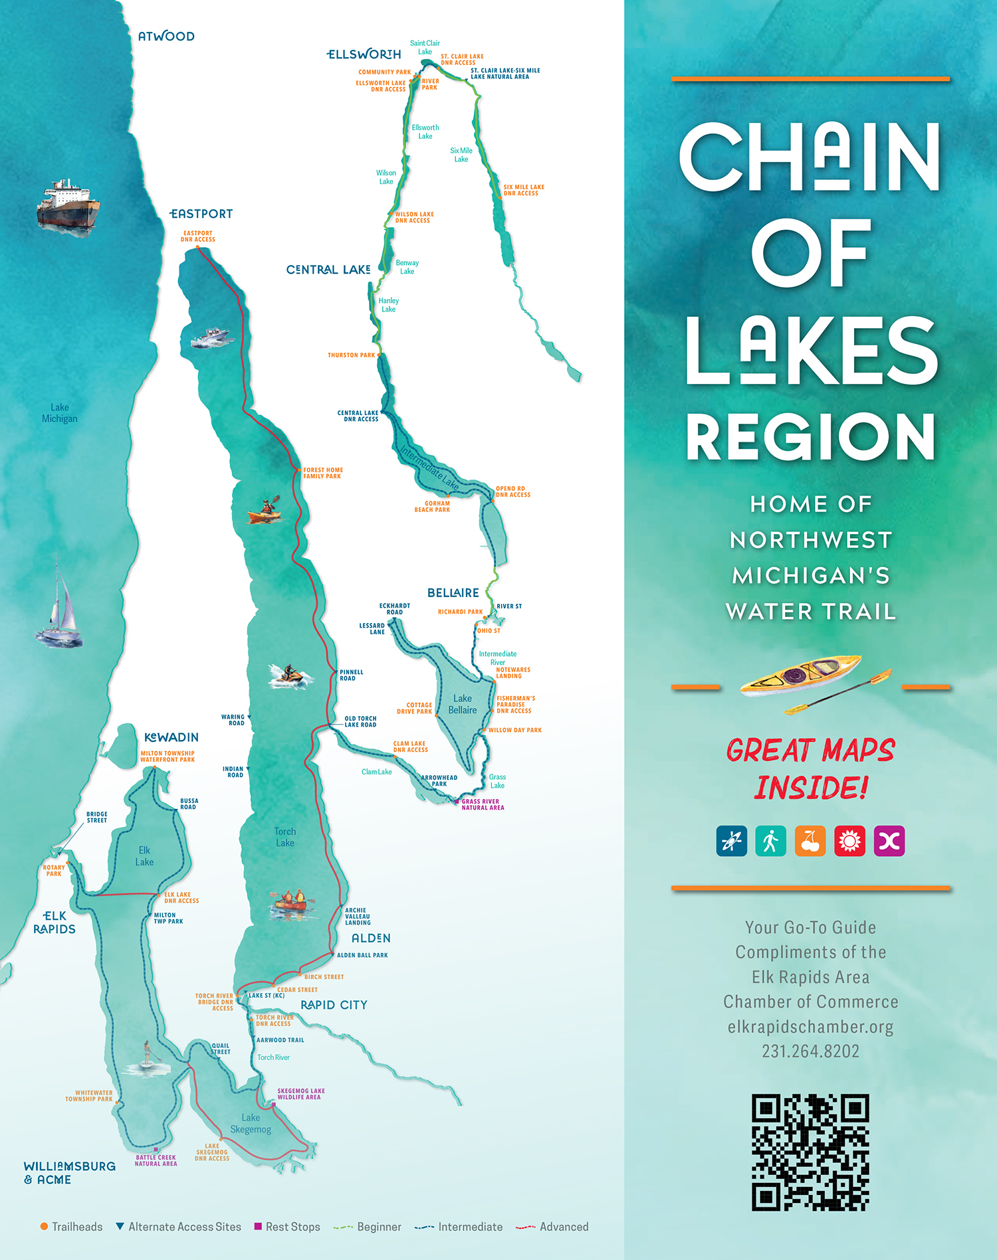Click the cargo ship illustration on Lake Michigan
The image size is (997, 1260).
(x=68, y=206)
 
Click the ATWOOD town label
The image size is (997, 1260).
(x=166, y=37)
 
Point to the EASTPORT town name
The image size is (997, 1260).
(x=201, y=214)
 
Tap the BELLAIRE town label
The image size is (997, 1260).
(x=453, y=592)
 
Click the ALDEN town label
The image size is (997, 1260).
(x=371, y=938)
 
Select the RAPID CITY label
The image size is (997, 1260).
(x=334, y=1005)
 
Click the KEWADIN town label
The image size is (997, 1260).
(x=171, y=737)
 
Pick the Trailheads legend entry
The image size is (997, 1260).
(x=72, y=1227)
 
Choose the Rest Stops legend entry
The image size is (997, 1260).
(x=287, y=1227)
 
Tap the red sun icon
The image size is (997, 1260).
(x=849, y=841)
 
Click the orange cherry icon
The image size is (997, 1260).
(x=810, y=841)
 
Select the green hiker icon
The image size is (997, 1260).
(x=770, y=841)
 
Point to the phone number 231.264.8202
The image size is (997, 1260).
(x=810, y=1051)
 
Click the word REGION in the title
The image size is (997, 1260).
(x=810, y=436)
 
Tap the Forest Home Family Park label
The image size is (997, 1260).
(x=323, y=473)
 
